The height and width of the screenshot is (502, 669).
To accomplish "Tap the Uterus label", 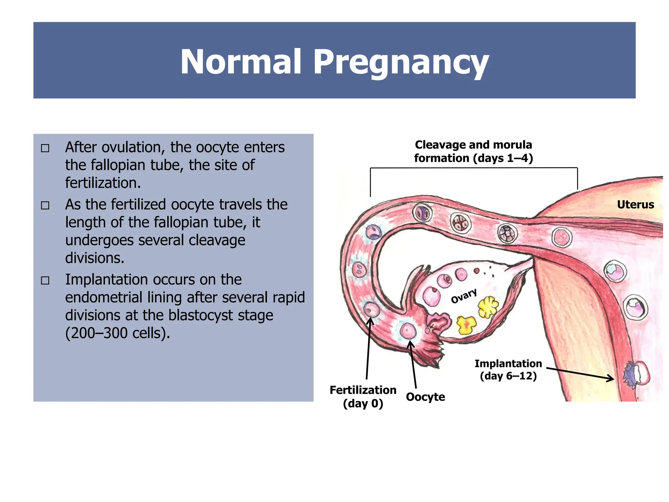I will point(635,205).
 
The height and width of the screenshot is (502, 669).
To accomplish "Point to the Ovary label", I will point(464,296).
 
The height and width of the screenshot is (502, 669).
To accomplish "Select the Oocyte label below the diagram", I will point(425,397).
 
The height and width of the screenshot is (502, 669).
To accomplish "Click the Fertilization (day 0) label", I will point(363,396).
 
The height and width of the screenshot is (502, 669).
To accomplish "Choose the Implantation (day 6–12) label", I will point(508,370).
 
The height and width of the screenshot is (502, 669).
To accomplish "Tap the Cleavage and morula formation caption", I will point(473,151).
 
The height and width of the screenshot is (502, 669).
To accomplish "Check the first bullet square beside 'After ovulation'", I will point(45,148).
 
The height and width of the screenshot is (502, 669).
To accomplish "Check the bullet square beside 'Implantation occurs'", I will point(45,280).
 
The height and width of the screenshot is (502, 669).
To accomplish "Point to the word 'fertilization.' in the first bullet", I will point(103,183).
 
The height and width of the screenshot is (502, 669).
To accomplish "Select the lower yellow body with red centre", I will point(466,325).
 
